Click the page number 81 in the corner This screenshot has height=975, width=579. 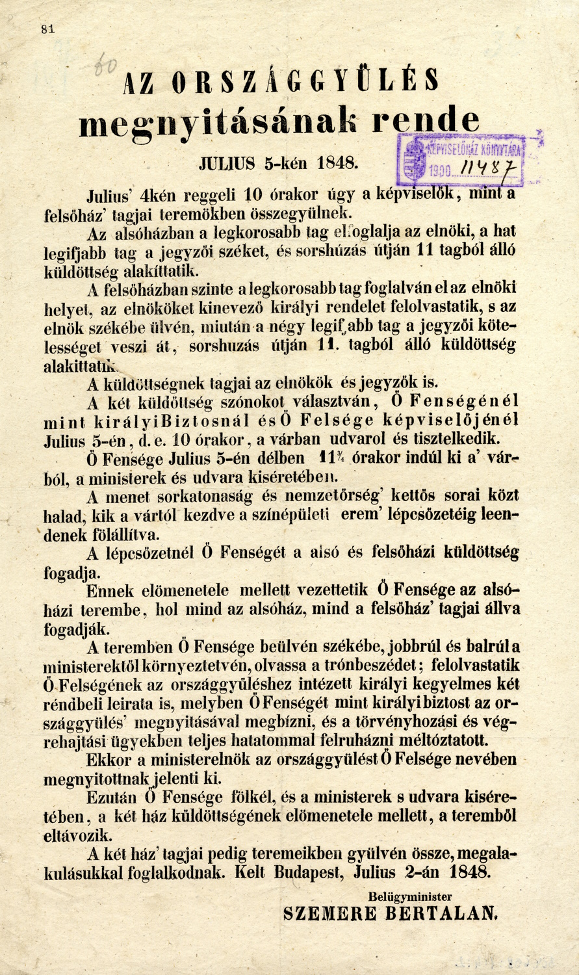click(x=47, y=29)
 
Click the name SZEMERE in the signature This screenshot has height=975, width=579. click(x=329, y=913)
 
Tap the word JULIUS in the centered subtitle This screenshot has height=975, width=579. click(x=226, y=163)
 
